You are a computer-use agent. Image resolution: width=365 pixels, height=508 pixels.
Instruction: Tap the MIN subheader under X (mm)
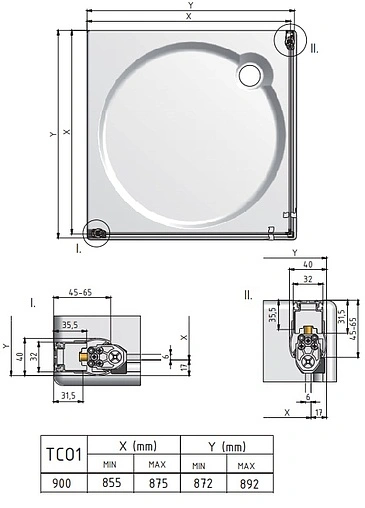[x=111, y=465]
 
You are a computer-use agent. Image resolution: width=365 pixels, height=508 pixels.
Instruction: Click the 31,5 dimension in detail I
[x=69, y=396]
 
